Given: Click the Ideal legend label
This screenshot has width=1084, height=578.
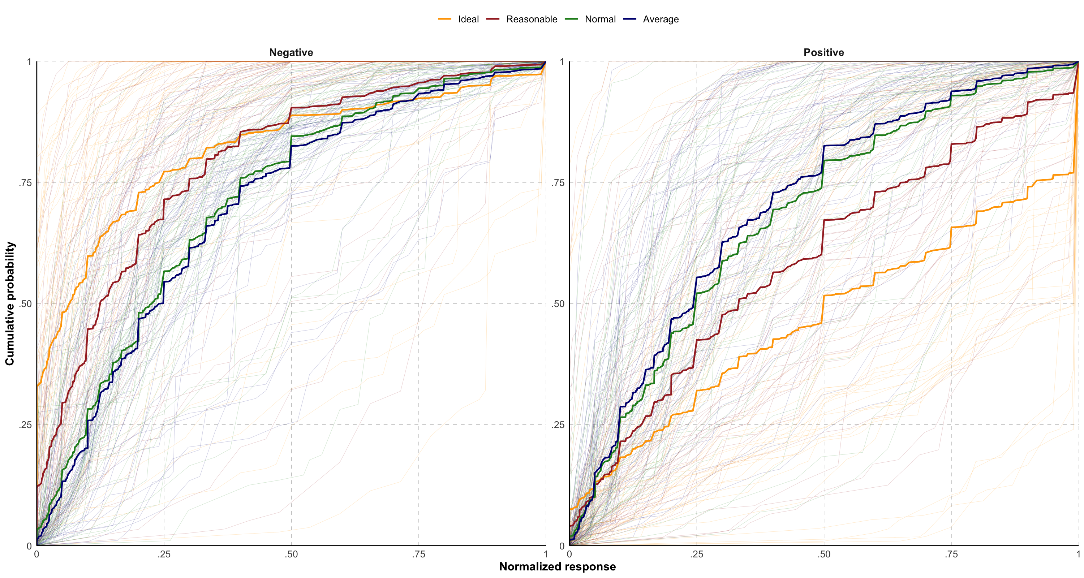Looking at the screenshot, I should pos(468,20).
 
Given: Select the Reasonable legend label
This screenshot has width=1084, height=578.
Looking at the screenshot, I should pos(531,20).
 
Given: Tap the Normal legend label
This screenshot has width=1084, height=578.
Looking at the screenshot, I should pos(600,20).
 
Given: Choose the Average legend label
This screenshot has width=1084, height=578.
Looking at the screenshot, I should pos(660,20).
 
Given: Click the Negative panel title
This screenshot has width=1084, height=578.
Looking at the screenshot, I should pos(291,53).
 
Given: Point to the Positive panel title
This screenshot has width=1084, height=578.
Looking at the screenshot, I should pos(823,53).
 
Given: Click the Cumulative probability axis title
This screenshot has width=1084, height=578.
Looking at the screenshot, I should pos(10,303).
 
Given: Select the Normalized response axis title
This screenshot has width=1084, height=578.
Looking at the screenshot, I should pos(557,567).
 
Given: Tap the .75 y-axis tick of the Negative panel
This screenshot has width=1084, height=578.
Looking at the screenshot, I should pos(25,182).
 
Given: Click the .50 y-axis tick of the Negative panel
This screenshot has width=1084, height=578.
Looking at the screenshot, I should pos(25,304).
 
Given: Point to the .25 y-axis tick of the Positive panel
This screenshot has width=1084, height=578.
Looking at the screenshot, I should pos(558,425).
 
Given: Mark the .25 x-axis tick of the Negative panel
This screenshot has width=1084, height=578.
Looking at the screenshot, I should pos(164,555).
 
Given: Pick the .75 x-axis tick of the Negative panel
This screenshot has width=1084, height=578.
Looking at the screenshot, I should pos(419,555).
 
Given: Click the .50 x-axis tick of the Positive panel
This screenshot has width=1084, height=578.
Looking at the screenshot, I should pos(824,555).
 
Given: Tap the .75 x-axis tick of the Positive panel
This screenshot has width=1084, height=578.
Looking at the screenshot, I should pos(951,555).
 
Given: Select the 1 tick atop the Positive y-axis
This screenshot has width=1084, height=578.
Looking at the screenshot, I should pos(562,62).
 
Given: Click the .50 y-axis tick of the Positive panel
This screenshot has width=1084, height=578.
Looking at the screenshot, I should pos(558,304).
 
